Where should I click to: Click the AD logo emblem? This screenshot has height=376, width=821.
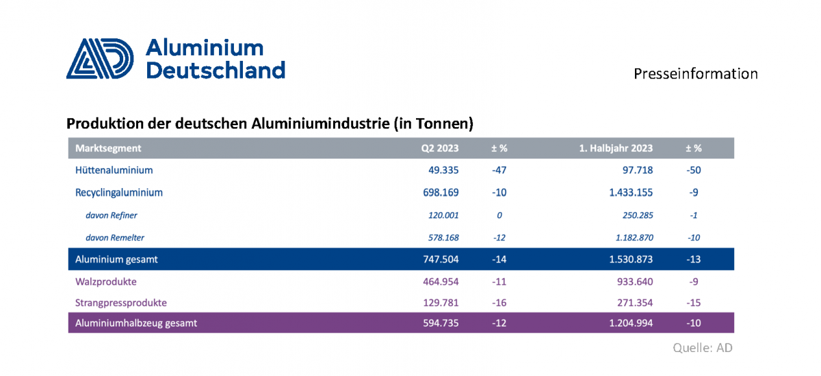click(99, 58)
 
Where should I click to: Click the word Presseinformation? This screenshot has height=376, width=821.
click(695, 74)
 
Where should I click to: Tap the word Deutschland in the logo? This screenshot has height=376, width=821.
click(216, 70)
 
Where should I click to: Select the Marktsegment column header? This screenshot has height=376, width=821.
click(108, 148)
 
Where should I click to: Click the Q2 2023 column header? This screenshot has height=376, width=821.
click(440, 148)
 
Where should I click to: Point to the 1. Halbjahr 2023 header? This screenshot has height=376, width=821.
click(616, 148)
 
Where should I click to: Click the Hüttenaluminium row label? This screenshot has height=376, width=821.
click(114, 170)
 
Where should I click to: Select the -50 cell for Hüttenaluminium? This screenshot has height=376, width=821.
click(694, 170)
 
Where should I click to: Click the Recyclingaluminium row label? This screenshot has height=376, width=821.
click(119, 193)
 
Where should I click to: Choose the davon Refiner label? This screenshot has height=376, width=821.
click(112, 215)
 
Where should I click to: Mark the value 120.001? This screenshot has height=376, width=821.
click(443, 215)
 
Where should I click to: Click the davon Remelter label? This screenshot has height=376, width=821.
click(115, 238)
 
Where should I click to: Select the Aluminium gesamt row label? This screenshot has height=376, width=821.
click(116, 260)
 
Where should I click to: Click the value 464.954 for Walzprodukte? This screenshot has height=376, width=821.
click(440, 281)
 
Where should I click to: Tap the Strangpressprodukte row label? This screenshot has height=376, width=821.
click(121, 302)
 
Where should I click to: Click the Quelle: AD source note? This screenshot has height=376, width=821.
click(703, 348)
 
